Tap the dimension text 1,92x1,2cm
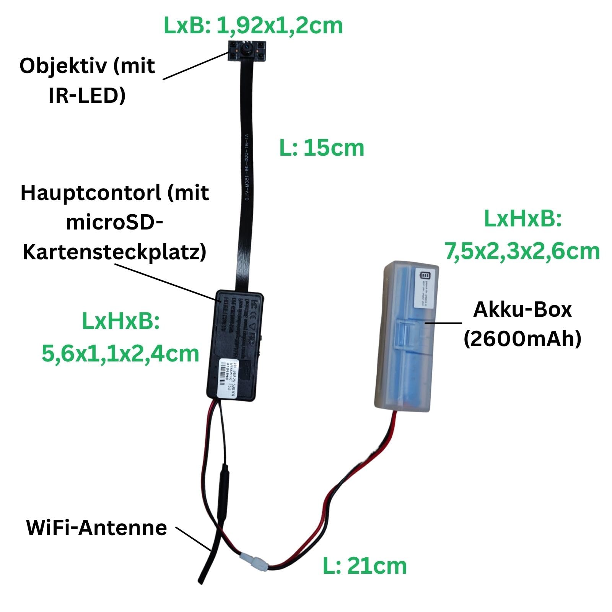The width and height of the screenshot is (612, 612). (279, 26)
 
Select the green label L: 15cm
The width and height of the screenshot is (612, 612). (322, 148)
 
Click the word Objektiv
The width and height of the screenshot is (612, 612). (63, 66)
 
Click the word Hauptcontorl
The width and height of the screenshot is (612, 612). (91, 193)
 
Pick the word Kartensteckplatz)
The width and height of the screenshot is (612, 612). (114, 252)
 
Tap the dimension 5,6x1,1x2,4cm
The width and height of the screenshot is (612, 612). (120, 354)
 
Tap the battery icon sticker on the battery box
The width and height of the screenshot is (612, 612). (426, 286)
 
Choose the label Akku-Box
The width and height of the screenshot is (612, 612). (522, 309)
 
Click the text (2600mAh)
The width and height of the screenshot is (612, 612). (522, 339)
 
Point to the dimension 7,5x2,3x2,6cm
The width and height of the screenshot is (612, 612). (522, 252)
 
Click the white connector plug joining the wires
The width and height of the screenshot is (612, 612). (255, 561)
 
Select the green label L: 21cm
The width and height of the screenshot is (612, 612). (365, 566)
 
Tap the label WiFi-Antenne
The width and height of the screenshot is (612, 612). (96, 528)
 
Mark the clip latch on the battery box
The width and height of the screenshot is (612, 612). (405, 333)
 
